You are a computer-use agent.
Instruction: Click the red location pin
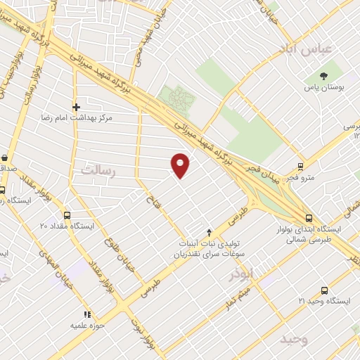[x=181, y=165]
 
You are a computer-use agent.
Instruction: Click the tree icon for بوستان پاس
[x=324, y=75]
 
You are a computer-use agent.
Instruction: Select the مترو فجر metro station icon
[x=300, y=167]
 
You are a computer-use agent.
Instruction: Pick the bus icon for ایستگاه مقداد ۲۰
[x=67, y=216]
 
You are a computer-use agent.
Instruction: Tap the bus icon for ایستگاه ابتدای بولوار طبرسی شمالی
[x=309, y=218]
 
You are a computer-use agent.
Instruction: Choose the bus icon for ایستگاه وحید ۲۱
[x=324, y=290]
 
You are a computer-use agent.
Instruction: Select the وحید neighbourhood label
[x=293, y=339]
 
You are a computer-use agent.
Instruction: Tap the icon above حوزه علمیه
[x=86, y=314]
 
